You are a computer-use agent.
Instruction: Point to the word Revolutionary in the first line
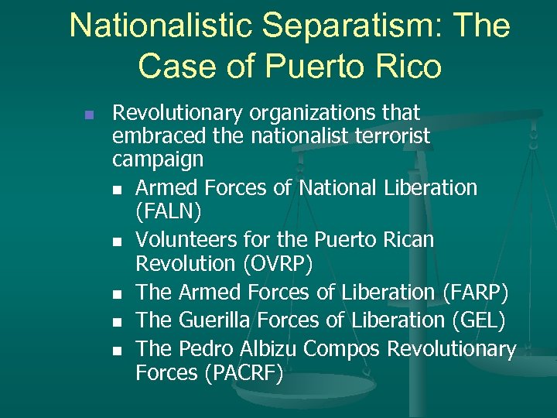click(x=177, y=113)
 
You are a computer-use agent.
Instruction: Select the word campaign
click(x=158, y=160)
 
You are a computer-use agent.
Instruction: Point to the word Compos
click(x=341, y=349)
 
